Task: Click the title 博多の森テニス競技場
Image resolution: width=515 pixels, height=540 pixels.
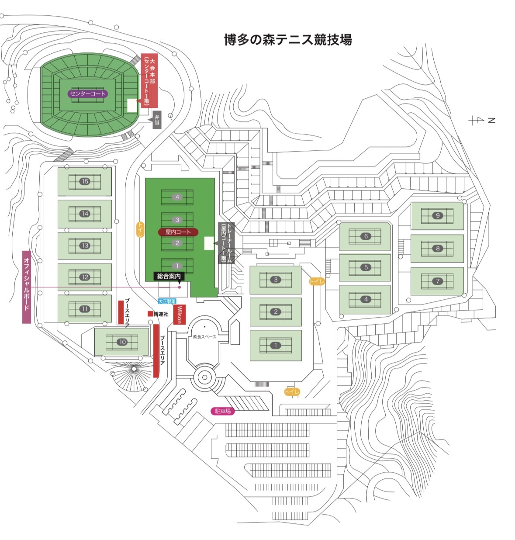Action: click(x=288, y=40)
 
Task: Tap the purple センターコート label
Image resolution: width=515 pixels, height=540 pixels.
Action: click(x=87, y=93)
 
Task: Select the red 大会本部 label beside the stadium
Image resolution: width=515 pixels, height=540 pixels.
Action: click(x=149, y=81)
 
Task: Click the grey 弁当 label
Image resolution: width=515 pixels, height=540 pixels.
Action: click(x=156, y=120)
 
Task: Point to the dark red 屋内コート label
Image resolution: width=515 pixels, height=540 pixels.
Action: click(x=178, y=232)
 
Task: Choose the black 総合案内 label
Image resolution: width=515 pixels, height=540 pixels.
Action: click(x=169, y=276)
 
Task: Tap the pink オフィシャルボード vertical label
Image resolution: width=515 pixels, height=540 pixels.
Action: click(x=27, y=287)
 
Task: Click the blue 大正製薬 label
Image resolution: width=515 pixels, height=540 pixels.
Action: click(x=167, y=301)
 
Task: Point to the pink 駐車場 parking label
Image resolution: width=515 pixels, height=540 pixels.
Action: click(x=223, y=411)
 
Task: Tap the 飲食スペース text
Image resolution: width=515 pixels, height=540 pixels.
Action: click(x=204, y=337)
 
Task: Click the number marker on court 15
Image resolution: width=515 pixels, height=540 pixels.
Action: click(x=85, y=181)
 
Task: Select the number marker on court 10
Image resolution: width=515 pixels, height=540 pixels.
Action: click(x=122, y=342)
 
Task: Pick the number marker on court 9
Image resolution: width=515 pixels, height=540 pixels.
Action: click(x=438, y=215)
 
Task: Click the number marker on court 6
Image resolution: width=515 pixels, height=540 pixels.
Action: click(x=366, y=236)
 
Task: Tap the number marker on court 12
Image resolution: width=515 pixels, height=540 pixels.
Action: click(x=85, y=277)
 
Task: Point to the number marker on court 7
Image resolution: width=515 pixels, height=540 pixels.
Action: click(x=438, y=281)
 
